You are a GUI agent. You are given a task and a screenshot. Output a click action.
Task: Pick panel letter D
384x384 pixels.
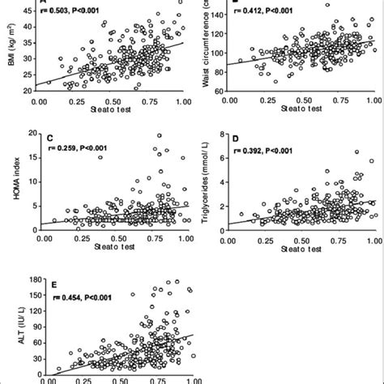[x=236, y=139]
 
